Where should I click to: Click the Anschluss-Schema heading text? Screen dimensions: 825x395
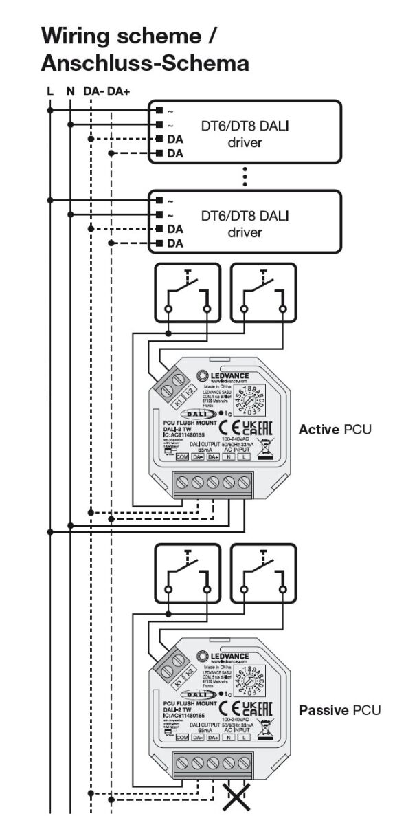(145, 63)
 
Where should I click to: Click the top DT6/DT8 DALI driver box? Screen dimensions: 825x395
(245, 132)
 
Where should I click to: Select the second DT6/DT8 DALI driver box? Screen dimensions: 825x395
(245, 223)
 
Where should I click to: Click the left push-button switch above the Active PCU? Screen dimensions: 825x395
(188, 292)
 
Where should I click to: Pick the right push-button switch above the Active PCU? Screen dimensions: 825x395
(263, 292)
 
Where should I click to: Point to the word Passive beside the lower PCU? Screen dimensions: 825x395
(324, 709)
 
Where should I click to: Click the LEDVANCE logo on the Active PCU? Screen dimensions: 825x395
(223, 376)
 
